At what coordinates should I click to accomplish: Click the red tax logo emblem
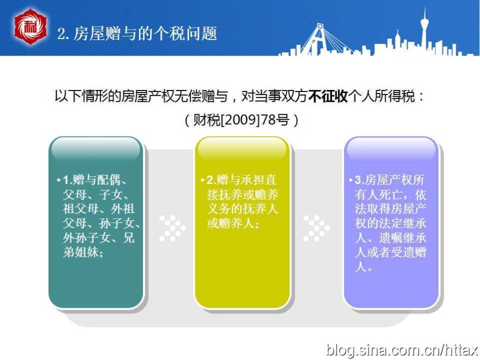click(30, 27)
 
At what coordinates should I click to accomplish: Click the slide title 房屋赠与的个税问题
click(145, 33)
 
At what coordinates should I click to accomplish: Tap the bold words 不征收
click(328, 96)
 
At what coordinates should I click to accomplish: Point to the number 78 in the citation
click(269, 120)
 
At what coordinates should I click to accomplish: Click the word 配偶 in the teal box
click(108, 180)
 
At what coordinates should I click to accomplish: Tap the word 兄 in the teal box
click(129, 238)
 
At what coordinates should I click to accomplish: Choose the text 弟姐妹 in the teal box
click(81, 252)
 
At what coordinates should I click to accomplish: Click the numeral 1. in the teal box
click(67, 180)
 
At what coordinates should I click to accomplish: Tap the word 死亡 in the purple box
click(391, 195)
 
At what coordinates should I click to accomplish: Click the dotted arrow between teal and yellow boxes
click(173, 228)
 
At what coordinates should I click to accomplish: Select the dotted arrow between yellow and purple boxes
click(316, 228)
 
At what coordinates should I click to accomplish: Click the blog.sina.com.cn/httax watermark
click(402, 350)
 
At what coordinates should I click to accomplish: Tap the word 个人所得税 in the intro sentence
click(381, 96)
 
